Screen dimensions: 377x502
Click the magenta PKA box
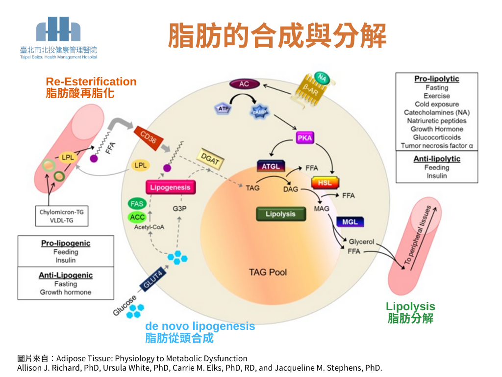pyautogui.click(x=304, y=138)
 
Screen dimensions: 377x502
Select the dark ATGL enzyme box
pyautogui.click(x=271, y=166)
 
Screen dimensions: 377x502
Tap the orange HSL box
pyautogui.click(x=325, y=183)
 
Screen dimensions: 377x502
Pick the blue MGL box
pyautogui.click(x=350, y=222)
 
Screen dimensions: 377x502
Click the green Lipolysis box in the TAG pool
pyautogui.click(x=280, y=214)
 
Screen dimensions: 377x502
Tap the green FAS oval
pyautogui.click(x=137, y=203)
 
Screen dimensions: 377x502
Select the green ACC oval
pyautogui.click(x=137, y=217)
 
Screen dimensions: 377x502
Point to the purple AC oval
pyautogui.click(x=244, y=84)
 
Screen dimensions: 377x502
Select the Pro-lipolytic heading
pyautogui.click(x=436, y=79)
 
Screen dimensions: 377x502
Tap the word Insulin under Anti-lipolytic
pyautogui.click(x=436, y=176)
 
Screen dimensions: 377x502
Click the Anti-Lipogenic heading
pyautogui.click(x=66, y=275)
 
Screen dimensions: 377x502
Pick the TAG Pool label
pyautogui.click(x=268, y=272)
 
